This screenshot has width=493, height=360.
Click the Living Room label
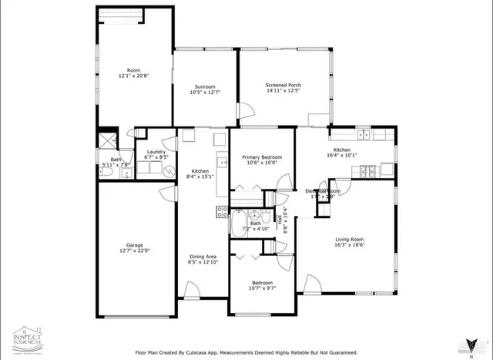pyautogui.click(x=350, y=239)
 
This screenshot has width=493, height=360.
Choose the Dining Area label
pyautogui.click(x=203, y=256)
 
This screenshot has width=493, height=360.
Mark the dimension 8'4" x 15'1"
pyautogui.click(x=200, y=177)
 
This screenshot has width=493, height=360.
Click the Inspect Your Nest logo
pyautogui.click(x=27, y=338)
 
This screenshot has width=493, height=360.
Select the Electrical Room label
pyautogui.click(x=323, y=190)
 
